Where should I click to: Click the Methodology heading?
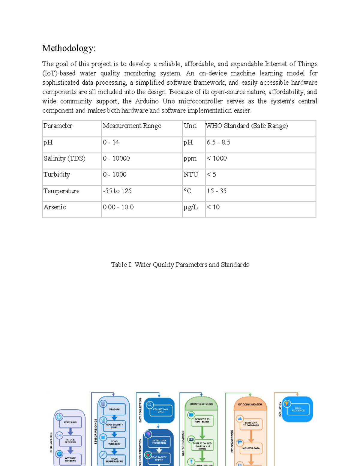tap(69, 48)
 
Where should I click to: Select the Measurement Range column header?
tap(132, 126)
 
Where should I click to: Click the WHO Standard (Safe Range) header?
tap(247, 126)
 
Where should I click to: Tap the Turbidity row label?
tap(57, 175)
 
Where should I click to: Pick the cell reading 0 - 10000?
tap(116, 158)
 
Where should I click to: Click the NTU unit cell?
tap(191, 175)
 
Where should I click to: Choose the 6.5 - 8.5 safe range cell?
tap(218, 142)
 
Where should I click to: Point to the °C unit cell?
tap(187, 191)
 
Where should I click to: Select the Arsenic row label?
tap(55, 207)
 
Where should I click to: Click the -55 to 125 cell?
tap(117, 191)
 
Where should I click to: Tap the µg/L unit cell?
tap(191, 207)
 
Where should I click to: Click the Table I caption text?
tap(180, 265)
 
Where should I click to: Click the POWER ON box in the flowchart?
tap(70, 422)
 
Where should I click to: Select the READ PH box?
tap(114, 409)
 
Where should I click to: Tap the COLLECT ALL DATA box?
tap(161, 410)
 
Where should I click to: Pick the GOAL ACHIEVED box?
tap(298, 409)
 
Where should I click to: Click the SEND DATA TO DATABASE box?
tap(251, 424)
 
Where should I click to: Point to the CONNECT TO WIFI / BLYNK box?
tap(202, 420)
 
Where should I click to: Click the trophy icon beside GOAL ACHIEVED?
tap(286, 404)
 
